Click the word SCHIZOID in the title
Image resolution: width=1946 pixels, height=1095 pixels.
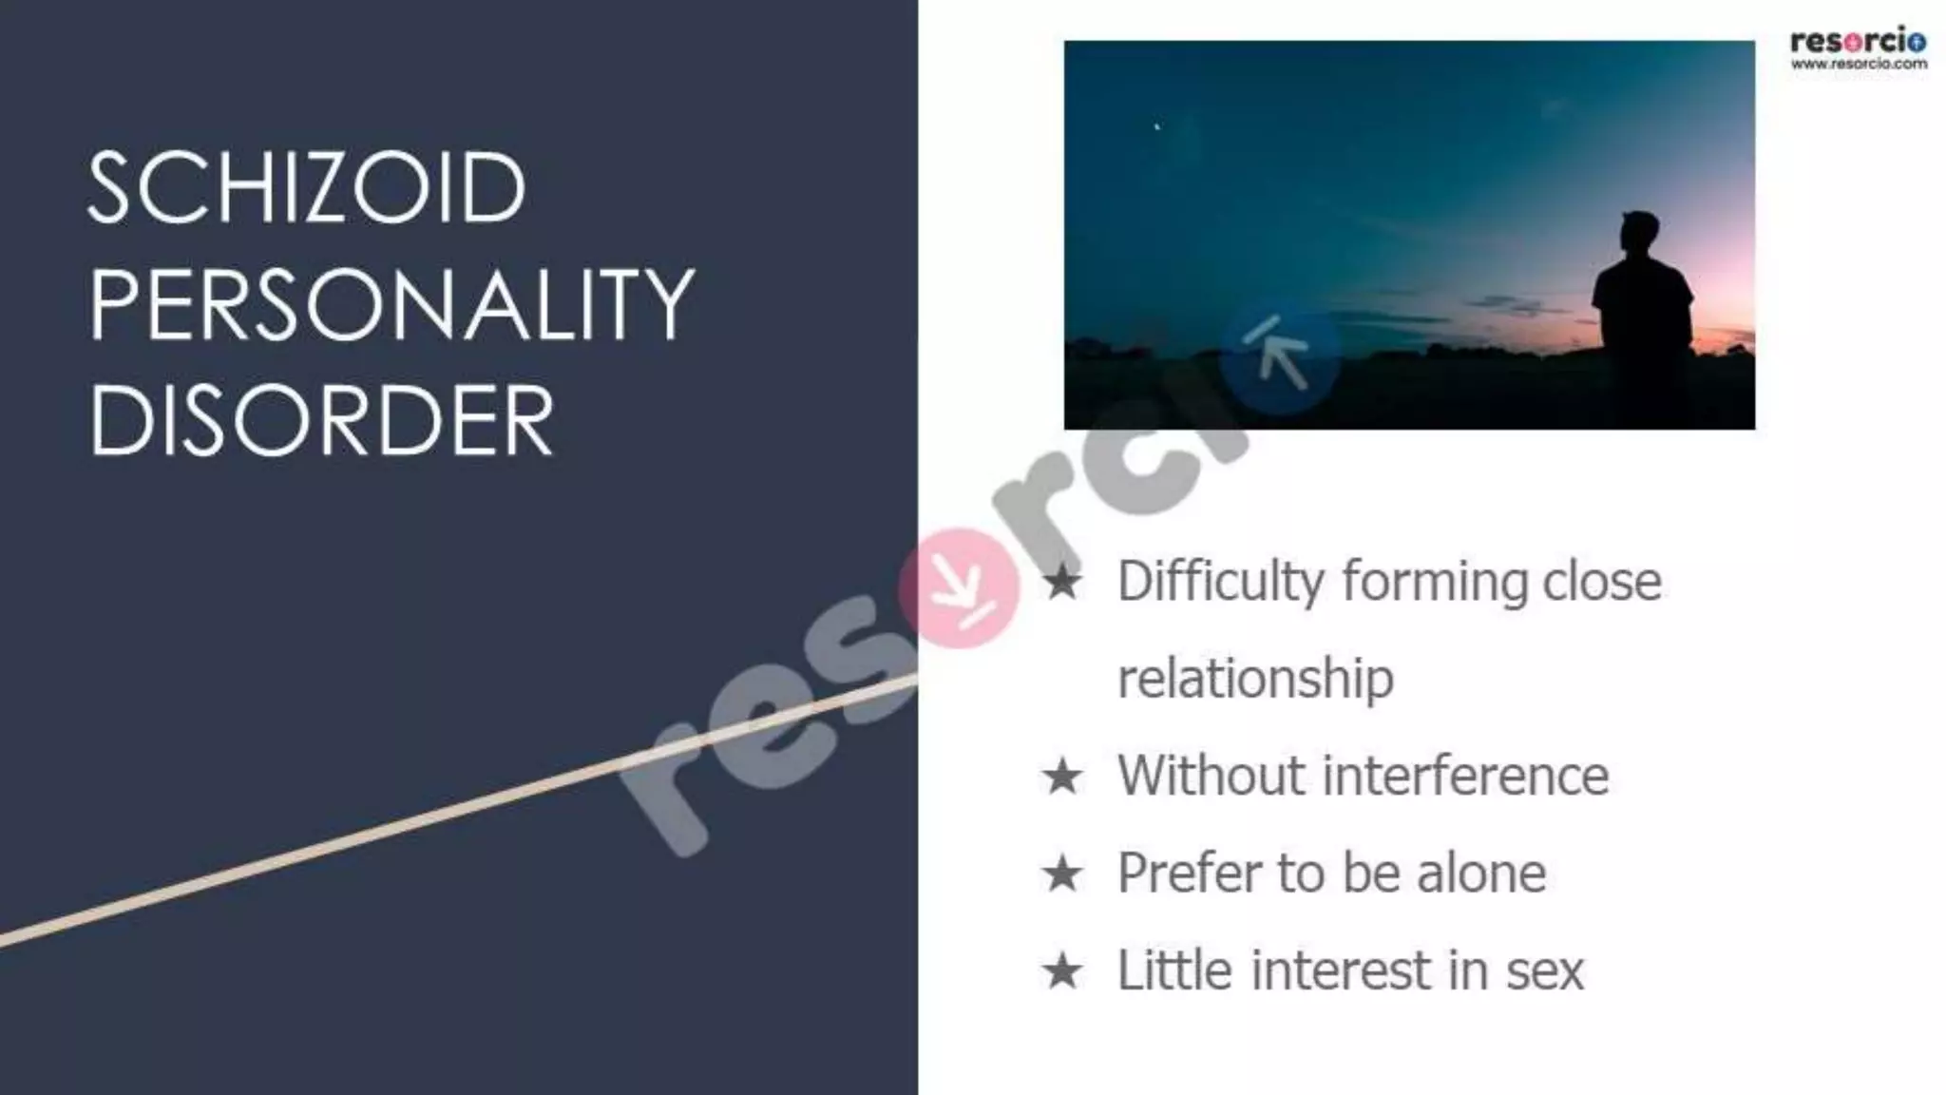(x=306, y=187)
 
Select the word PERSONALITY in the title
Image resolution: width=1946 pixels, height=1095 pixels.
(x=391, y=304)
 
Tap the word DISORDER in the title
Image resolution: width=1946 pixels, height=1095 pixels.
(x=321, y=421)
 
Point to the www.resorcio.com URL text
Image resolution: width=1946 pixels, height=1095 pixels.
(x=1859, y=65)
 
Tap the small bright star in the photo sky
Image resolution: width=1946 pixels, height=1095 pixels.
(x=1156, y=125)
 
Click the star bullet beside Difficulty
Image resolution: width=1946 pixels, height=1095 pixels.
(x=1061, y=582)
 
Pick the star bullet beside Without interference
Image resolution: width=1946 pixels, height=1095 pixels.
(x=1061, y=777)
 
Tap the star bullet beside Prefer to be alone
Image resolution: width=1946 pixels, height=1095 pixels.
(x=1061, y=874)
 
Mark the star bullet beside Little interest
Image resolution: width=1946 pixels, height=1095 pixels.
(x=1061, y=971)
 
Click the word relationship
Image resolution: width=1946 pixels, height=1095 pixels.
(x=1255, y=679)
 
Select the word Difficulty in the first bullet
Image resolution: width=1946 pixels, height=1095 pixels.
(x=1220, y=582)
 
